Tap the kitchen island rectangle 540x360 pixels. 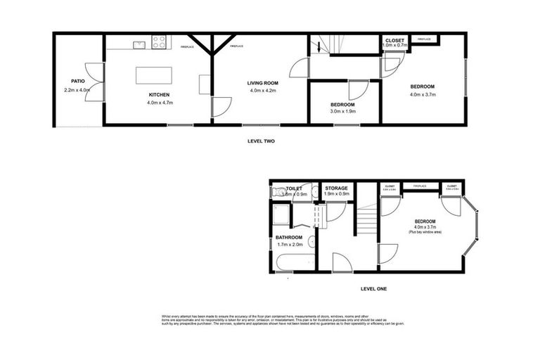point(153,75)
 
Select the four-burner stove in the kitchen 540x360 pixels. point(159,43)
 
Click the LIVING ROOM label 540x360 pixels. point(263,83)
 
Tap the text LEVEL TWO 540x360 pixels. point(261,141)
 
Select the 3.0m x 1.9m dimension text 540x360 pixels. point(343,111)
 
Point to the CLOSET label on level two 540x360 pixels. point(394,41)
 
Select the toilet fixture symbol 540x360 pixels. point(280,192)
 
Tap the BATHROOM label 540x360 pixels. point(289,237)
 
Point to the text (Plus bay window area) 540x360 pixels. point(425,231)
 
